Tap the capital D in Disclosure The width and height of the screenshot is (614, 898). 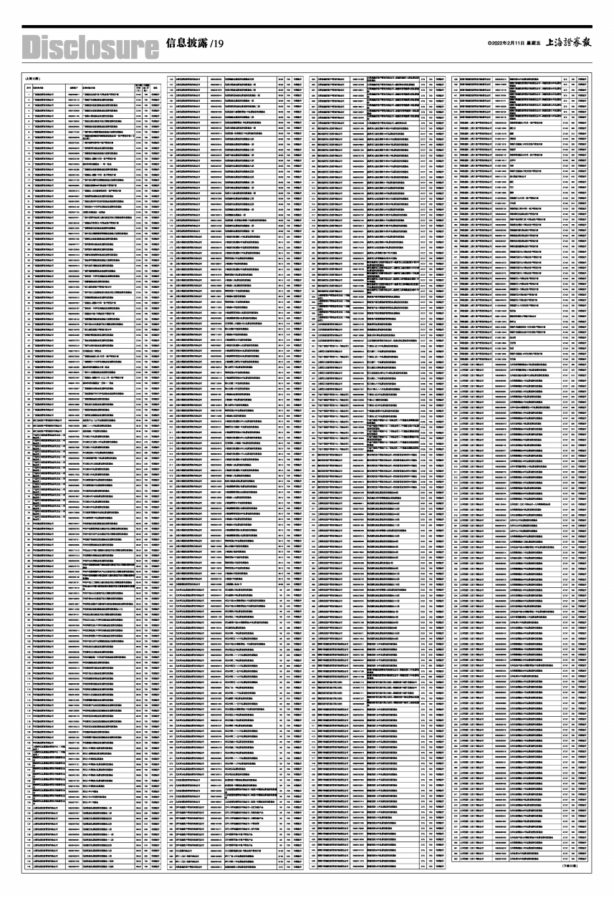tap(33, 47)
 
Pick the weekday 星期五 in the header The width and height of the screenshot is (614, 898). tap(534, 44)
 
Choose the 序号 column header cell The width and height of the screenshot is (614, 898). tap(28, 88)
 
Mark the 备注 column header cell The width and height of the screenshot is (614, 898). tap(155, 88)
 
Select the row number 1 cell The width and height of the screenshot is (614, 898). tap(28, 95)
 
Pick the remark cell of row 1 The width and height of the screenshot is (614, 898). tap(155, 95)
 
